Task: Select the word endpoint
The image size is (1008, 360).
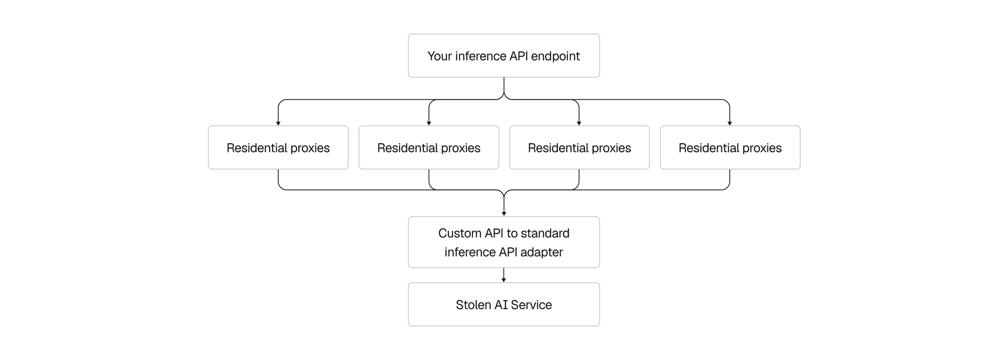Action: pyautogui.click(x=555, y=56)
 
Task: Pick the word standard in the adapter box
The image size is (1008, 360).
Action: pyautogui.click(x=545, y=234)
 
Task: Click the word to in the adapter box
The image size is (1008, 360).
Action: pyautogui.click(x=512, y=234)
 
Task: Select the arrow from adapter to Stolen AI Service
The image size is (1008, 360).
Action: pyautogui.click(x=504, y=276)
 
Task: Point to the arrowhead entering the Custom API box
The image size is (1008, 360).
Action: pyautogui.click(x=504, y=214)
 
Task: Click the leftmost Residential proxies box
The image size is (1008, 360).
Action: pyautogui.click(x=278, y=147)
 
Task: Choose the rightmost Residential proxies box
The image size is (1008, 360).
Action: pyautogui.click(x=730, y=147)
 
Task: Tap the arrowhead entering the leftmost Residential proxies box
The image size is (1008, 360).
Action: pyautogui.click(x=278, y=123)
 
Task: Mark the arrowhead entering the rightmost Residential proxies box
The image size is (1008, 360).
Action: pyautogui.click(x=730, y=123)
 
